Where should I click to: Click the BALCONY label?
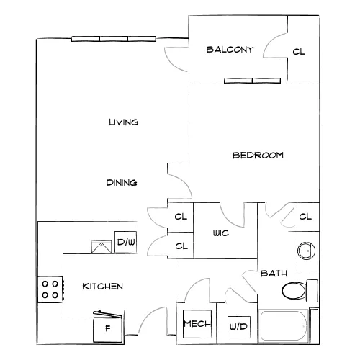[230, 50]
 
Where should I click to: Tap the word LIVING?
[124, 122]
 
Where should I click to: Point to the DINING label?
[122, 183]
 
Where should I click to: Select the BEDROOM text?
[258, 156]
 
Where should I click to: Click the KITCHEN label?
[102, 287]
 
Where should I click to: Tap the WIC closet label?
[221, 233]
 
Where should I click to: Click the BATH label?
[274, 274]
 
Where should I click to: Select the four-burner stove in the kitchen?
[50, 289]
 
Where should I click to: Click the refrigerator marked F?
[108, 327]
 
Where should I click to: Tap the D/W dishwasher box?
[126, 242]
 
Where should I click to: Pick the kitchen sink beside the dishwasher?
[102, 247]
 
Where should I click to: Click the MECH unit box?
[197, 324]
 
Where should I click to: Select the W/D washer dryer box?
[239, 327]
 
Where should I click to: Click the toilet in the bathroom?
[300, 291]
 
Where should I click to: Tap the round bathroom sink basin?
[306, 251]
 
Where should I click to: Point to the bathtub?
[284, 326]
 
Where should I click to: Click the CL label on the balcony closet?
[299, 52]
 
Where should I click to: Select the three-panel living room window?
[114, 39]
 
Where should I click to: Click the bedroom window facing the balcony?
[252, 81]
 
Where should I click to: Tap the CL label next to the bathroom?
[305, 217]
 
